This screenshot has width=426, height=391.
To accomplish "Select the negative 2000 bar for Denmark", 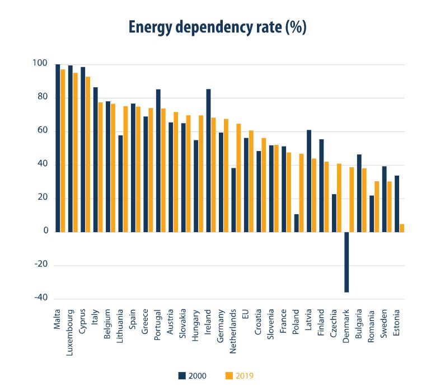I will pyautogui.click(x=347, y=261).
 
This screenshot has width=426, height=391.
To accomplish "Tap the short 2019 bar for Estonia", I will pyautogui.click(x=402, y=228).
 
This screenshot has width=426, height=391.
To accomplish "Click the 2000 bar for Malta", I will pyautogui.click(x=58, y=148).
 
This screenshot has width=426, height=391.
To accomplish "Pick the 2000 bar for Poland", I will pyautogui.click(x=296, y=223).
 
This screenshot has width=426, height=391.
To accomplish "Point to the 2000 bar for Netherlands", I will pyautogui.click(x=233, y=200).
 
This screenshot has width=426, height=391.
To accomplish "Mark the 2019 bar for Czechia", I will pyautogui.click(x=339, y=197).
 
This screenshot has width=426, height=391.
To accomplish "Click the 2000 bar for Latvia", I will pyautogui.click(x=309, y=181).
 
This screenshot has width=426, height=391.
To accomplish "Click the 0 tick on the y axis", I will pyautogui.click(x=45, y=231).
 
